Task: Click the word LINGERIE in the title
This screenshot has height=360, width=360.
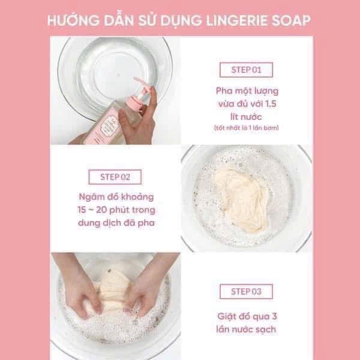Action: click(x=237, y=20)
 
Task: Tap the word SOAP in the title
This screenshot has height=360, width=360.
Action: click(x=291, y=20)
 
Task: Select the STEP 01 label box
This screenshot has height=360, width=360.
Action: click(x=246, y=70)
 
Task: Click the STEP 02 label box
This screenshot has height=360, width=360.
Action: click(x=115, y=177)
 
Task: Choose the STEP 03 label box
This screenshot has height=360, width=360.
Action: click(x=246, y=292)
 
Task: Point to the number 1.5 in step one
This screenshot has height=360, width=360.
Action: click(x=271, y=104)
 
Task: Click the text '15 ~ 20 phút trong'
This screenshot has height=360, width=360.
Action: click(x=116, y=210)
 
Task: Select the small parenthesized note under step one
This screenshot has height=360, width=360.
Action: click(x=247, y=128)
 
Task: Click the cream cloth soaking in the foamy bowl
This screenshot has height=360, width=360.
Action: click(x=243, y=199)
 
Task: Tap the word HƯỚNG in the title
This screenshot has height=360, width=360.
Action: click(x=73, y=20)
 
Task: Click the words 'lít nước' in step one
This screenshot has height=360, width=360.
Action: click(x=246, y=117)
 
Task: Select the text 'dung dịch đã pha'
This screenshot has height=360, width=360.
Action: click(x=116, y=223)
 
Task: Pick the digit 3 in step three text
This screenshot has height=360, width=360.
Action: click(x=274, y=316)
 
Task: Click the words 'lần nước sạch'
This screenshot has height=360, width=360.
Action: click(x=246, y=329)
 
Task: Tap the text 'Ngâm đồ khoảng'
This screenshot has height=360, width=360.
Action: click(x=116, y=197)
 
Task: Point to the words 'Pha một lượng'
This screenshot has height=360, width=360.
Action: click(x=247, y=91)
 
